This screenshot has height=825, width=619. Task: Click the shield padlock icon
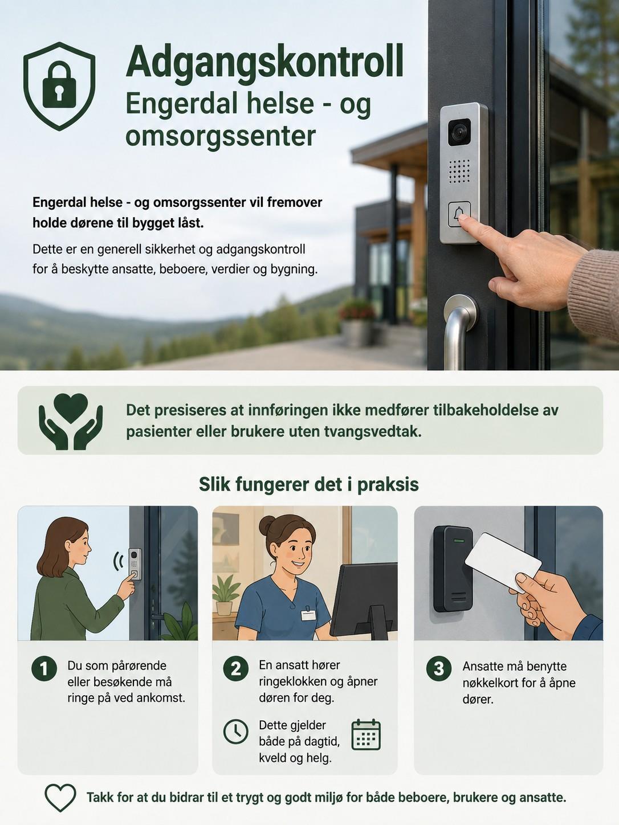59,86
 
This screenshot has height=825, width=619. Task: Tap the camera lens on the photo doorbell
459,132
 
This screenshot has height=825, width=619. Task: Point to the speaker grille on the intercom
459,171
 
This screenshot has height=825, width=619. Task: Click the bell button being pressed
459,214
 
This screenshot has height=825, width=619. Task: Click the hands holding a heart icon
70,422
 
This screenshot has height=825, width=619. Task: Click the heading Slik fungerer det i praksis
308,484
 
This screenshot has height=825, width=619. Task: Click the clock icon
235,732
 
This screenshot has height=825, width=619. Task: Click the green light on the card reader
458,541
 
